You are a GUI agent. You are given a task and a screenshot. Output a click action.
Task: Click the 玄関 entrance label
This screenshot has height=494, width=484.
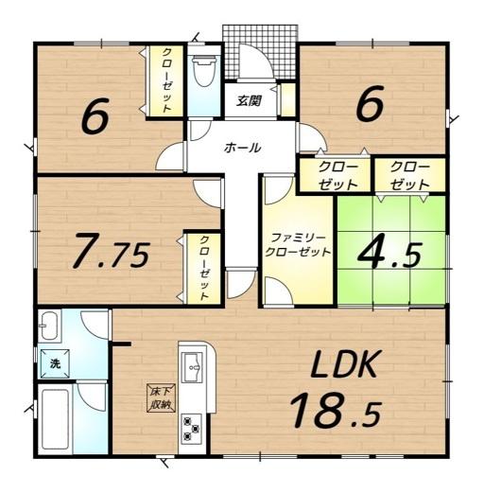[249, 100]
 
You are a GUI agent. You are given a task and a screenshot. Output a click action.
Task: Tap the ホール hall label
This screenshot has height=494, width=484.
[243, 148]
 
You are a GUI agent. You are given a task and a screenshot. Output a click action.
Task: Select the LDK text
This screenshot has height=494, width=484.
[344, 364]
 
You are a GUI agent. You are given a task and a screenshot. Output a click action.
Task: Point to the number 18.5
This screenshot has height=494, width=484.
[336, 411]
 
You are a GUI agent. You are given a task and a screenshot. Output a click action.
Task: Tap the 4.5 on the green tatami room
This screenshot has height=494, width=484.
[389, 255]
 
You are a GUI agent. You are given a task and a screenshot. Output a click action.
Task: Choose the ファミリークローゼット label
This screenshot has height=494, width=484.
[298, 245]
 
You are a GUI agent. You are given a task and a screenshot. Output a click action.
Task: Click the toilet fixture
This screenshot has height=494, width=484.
[204, 71]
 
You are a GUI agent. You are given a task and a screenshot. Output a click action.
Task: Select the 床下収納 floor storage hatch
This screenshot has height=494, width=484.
[163, 398]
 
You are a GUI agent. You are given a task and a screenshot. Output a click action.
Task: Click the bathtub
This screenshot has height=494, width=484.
[56, 419]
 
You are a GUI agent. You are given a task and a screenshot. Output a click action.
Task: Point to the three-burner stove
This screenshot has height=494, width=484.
[192, 428]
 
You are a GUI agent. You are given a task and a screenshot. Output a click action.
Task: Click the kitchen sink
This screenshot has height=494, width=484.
[193, 367]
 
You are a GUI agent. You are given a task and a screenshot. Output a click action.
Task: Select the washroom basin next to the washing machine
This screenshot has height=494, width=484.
[49, 326]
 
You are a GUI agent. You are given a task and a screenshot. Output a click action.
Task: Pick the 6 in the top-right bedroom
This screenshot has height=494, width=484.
[370, 103]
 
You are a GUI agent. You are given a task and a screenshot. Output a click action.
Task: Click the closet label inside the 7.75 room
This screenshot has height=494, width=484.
[204, 268]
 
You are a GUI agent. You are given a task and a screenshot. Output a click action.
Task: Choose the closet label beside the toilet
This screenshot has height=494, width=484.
[166, 80]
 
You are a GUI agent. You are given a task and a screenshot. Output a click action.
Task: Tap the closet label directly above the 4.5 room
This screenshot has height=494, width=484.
[409, 176]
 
